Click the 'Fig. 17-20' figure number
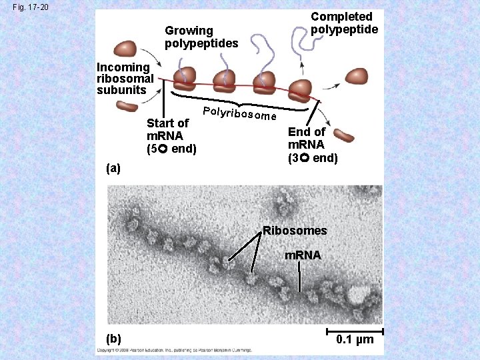(x=25, y=8)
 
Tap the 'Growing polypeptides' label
(x=201, y=37)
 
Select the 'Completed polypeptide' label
(x=344, y=23)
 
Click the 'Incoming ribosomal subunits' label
(x=125, y=78)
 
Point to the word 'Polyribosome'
(x=239, y=114)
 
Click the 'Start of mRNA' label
(x=171, y=135)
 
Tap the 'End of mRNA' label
(x=312, y=145)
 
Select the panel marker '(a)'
(x=113, y=169)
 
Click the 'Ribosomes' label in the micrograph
(x=295, y=231)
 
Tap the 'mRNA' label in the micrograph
(x=303, y=255)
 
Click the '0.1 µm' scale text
(x=355, y=341)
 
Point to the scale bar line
(x=354, y=331)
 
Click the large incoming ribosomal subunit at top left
(x=125, y=49)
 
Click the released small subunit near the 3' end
(x=345, y=136)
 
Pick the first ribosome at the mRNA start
(x=185, y=79)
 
